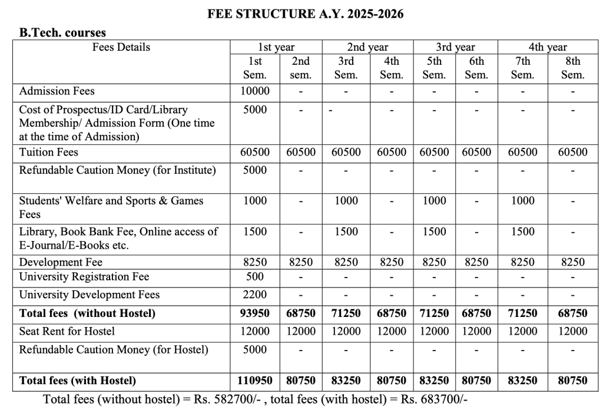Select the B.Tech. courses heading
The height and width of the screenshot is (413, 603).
[x=62, y=33]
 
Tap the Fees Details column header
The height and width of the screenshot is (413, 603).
[x=121, y=47]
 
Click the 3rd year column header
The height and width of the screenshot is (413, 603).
[x=455, y=47]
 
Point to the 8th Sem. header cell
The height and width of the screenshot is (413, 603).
[x=572, y=68]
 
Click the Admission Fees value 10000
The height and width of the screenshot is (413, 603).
[x=255, y=91]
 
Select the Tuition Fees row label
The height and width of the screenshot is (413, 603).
[x=49, y=152]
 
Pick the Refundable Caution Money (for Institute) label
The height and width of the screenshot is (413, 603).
[x=118, y=170]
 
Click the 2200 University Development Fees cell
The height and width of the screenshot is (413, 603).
[x=255, y=295]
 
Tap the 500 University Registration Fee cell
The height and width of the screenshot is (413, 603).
[x=255, y=276]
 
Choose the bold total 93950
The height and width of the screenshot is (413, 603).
[x=255, y=313]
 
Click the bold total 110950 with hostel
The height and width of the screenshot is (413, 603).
[x=255, y=381]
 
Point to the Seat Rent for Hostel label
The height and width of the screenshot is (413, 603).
[x=67, y=331]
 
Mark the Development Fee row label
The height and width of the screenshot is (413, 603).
[x=61, y=262]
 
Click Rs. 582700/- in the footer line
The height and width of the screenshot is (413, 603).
[x=231, y=399]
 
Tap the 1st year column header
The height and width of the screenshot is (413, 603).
[x=276, y=47]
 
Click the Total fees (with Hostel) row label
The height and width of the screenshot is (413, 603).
[x=78, y=381]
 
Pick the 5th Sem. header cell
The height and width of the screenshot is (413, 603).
[x=434, y=68]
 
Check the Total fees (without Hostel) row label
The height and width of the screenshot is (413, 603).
[x=87, y=313]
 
